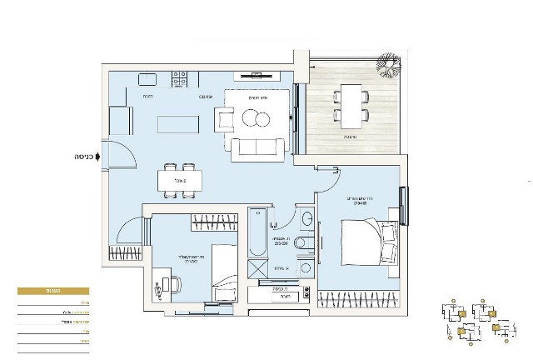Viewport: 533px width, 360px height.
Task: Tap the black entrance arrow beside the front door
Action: tap(97, 155)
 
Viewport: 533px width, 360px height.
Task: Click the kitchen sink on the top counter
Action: tap(147, 79)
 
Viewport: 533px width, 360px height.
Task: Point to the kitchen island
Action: tap(178, 123)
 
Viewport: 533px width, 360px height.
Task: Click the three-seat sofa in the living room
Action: tap(257, 149)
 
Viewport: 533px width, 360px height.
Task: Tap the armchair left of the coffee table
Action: tap(227, 120)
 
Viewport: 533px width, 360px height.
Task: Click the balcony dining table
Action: tap(350, 104)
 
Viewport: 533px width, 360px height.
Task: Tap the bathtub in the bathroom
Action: tap(256, 233)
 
